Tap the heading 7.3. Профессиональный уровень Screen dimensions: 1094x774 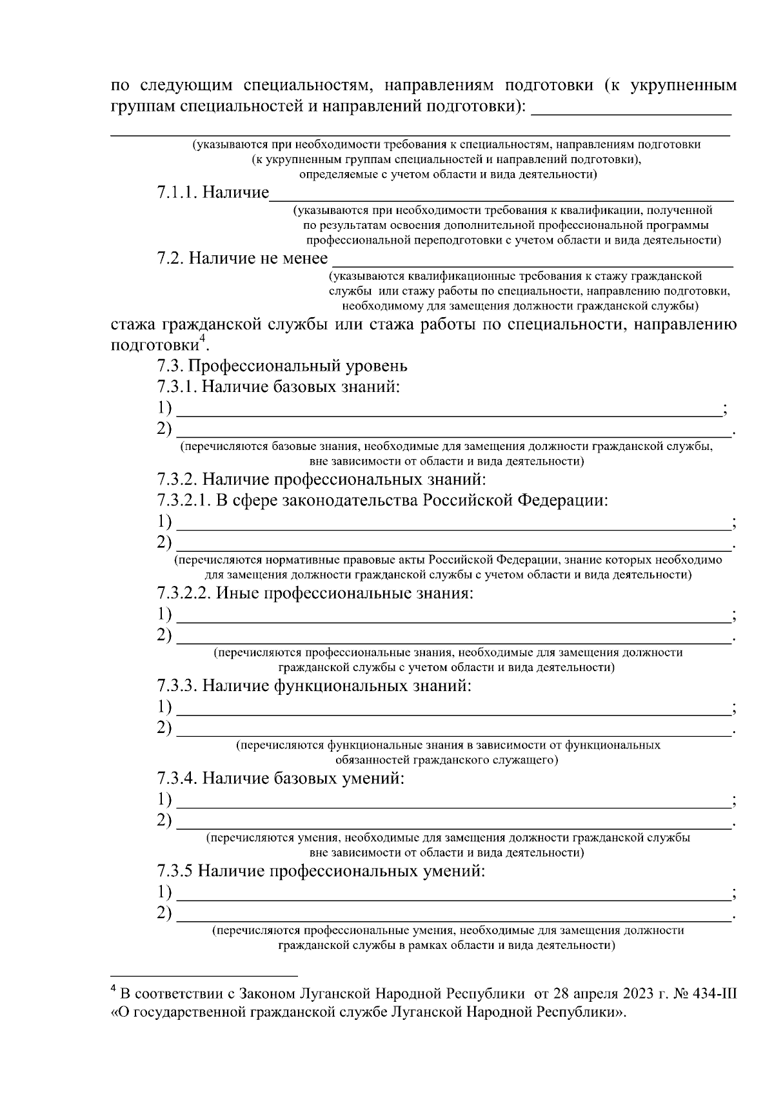[283, 366]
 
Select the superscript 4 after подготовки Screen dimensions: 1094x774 [202, 338]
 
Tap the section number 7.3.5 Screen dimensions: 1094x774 [175, 871]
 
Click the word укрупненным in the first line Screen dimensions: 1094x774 [683, 85]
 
